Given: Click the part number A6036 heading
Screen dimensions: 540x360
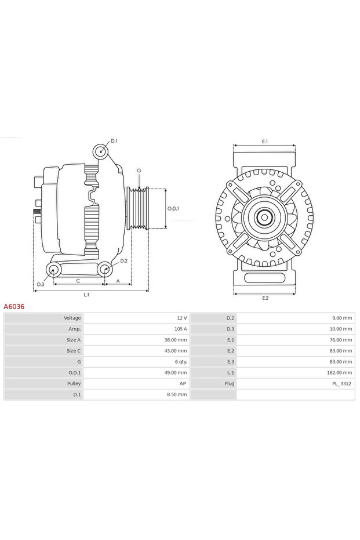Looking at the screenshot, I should coord(14,306).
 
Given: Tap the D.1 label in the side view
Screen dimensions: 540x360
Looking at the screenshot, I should coord(114,141).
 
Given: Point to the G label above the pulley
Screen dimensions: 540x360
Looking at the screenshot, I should coord(139,171).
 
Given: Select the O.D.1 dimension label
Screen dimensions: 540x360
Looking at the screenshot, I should coord(173,209).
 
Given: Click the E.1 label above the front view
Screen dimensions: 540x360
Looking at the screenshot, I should coord(265,142).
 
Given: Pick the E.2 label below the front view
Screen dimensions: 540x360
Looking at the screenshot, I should coord(265,298).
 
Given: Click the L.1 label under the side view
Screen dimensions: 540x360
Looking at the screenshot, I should coord(86,295).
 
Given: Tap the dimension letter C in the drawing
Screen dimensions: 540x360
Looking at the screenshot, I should coord(78,281).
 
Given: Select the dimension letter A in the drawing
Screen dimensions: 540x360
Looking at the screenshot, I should coord(118,281).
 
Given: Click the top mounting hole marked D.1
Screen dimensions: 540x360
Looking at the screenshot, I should coord(101,152).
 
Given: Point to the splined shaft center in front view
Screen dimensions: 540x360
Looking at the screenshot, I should coord(265,218).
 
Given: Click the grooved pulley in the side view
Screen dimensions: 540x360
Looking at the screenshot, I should coord(138,208).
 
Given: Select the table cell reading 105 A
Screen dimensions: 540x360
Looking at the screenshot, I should coord(181,329).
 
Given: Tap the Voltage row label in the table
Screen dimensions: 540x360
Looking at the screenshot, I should coord(72,318).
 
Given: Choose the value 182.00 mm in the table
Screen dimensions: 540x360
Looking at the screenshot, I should coord(340,372).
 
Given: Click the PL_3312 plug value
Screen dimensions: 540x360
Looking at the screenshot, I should coord(341,383).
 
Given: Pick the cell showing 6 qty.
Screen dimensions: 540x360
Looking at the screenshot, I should coord(179,361).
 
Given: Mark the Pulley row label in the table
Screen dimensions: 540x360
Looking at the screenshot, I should coord(74,383).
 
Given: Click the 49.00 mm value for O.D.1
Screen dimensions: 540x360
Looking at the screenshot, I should coord(175,372).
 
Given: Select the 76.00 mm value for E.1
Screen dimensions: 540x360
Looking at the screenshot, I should coord(341,340).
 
